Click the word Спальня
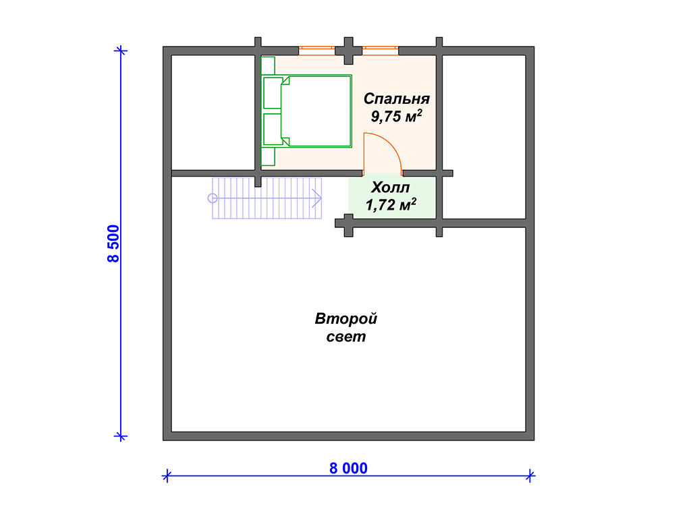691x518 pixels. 397,98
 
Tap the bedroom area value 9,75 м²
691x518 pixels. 396,116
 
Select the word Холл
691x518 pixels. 391,188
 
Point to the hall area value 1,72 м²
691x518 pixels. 391,205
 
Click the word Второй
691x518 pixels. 346,318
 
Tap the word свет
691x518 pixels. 346,337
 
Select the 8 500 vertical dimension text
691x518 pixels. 113,243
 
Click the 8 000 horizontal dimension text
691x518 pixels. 348,468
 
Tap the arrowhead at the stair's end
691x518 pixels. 317,198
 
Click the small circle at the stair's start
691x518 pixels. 213,198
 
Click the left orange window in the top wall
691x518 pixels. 317,51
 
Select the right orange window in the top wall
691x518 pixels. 381,51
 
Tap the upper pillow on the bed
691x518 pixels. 273,93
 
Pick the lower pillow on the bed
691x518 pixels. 273,129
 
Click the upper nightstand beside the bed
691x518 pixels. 268,66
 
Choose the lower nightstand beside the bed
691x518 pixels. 268,156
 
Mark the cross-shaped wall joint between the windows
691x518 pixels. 349,51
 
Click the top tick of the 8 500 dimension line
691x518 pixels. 121,51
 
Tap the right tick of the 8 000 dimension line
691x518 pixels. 530,476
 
